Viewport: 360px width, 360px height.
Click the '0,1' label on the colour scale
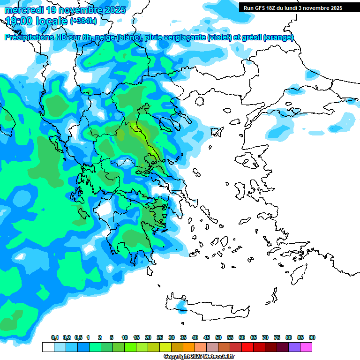55,338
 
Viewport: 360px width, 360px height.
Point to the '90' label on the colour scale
312,338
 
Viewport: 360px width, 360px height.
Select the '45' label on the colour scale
207,338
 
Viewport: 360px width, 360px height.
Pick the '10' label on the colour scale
125,338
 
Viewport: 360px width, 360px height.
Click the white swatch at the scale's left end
48,347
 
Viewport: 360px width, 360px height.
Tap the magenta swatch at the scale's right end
307,347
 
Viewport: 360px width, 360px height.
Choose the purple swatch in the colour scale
294,347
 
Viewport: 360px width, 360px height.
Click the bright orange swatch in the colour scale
189,347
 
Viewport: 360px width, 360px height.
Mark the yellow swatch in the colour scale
165,347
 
